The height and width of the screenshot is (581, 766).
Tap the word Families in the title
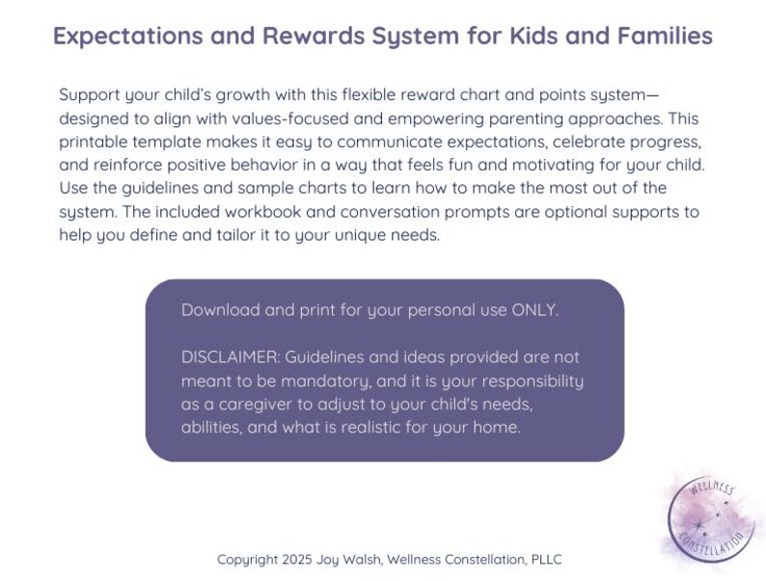(667, 37)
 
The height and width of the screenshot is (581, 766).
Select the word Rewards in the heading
(311, 37)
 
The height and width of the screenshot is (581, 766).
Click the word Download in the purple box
(221, 310)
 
